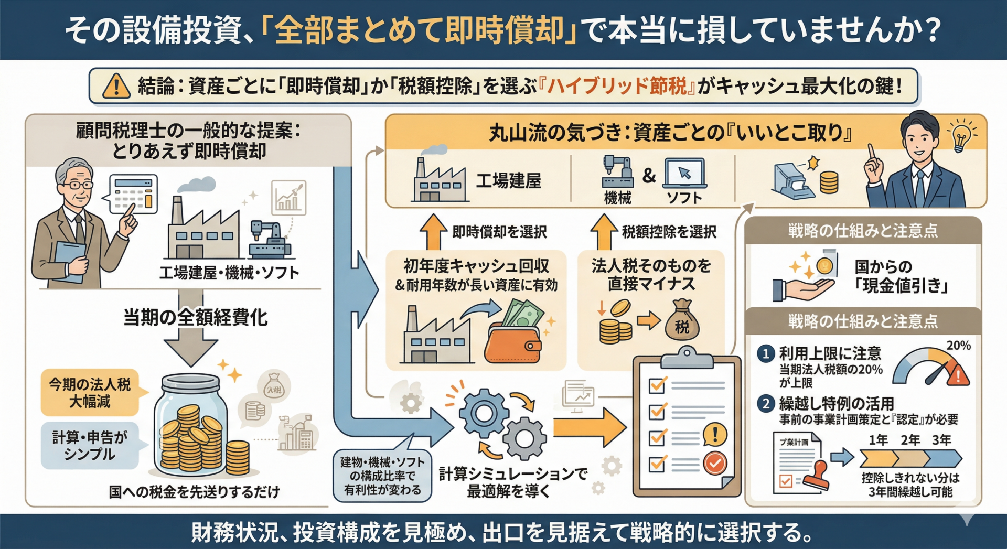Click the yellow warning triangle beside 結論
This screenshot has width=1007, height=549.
[x=116, y=86]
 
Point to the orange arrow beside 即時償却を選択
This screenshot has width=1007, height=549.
[x=433, y=232]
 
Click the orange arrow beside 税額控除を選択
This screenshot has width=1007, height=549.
[x=604, y=232]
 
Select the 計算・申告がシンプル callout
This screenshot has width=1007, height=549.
[x=90, y=446]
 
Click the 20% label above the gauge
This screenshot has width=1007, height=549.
[x=958, y=346]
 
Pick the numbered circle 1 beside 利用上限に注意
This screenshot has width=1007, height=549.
[x=766, y=354]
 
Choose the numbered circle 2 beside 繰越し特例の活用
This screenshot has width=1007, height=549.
[x=766, y=404]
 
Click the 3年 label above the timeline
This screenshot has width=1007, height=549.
[x=941, y=440]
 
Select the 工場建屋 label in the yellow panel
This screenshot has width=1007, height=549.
[x=508, y=181]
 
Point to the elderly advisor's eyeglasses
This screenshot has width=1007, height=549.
[x=79, y=185]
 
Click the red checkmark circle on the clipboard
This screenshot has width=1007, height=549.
[x=714, y=463]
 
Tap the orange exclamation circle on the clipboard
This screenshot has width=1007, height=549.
[x=714, y=434]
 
